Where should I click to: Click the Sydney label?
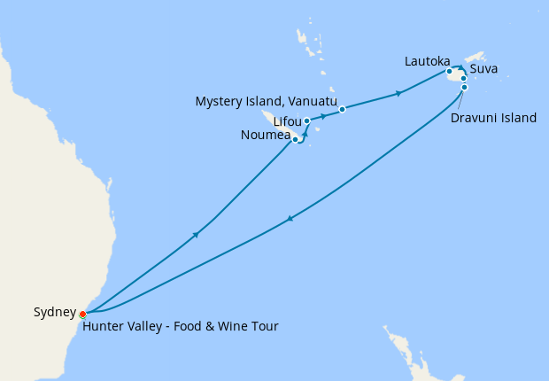coord(55,312)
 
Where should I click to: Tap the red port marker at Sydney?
coord(82,314)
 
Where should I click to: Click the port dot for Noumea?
coord(295,139)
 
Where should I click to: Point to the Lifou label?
coord(288,121)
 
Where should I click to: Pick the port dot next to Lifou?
coord(306,121)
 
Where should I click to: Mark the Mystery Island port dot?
coord(342,110)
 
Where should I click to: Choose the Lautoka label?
coord(427,61)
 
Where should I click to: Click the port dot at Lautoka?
coord(450,71)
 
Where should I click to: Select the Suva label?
coord(484,67)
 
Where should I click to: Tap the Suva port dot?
coord(464,78)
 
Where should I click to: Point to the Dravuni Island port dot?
coord(464,88)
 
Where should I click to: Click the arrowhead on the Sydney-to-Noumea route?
coord(195,234)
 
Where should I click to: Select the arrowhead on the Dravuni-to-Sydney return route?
coord(289,221)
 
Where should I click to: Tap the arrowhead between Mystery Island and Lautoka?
coord(401,92)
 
